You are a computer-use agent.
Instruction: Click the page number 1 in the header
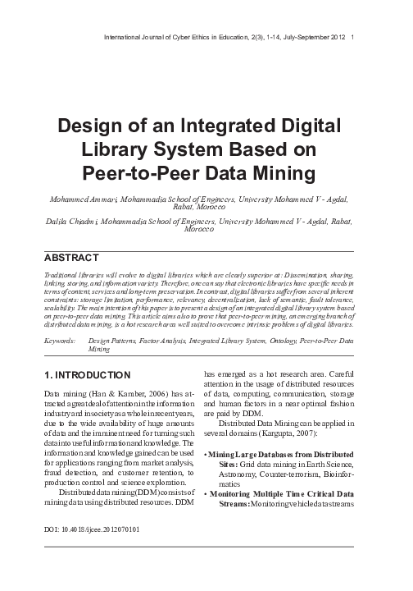pos(352,38)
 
